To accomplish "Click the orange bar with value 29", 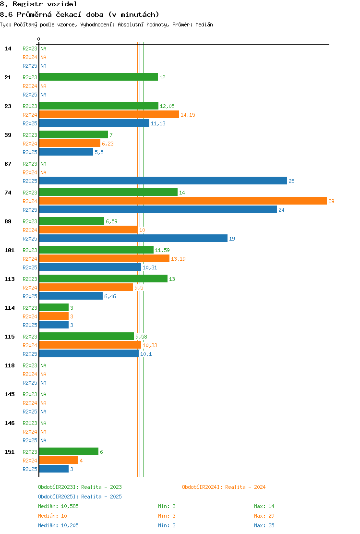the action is [x=183, y=201].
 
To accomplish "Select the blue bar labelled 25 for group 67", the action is [x=163, y=181].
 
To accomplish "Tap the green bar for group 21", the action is [x=99, y=77].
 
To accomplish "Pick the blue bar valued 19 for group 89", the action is [x=133, y=238].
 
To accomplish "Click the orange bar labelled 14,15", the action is [x=109, y=114].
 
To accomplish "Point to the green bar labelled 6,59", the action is [x=72, y=221].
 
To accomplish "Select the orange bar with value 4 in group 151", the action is [x=59, y=460].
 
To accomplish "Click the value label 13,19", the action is [x=178, y=259].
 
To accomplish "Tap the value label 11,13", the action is [x=158, y=123].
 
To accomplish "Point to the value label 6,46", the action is [x=110, y=296].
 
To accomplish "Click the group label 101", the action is [x=10, y=250].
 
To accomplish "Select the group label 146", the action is [x=10, y=423].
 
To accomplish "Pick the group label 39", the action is [x=8, y=135].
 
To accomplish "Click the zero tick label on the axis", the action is [x=38, y=39].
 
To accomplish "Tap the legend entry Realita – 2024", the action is [x=224, y=487].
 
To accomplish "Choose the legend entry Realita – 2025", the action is [x=80, y=497].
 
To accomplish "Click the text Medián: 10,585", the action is [x=58, y=506].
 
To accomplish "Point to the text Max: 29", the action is [x=264, y=516].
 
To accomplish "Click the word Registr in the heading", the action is [x=27, y=4].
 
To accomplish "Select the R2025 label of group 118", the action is [x=30, y=383].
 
